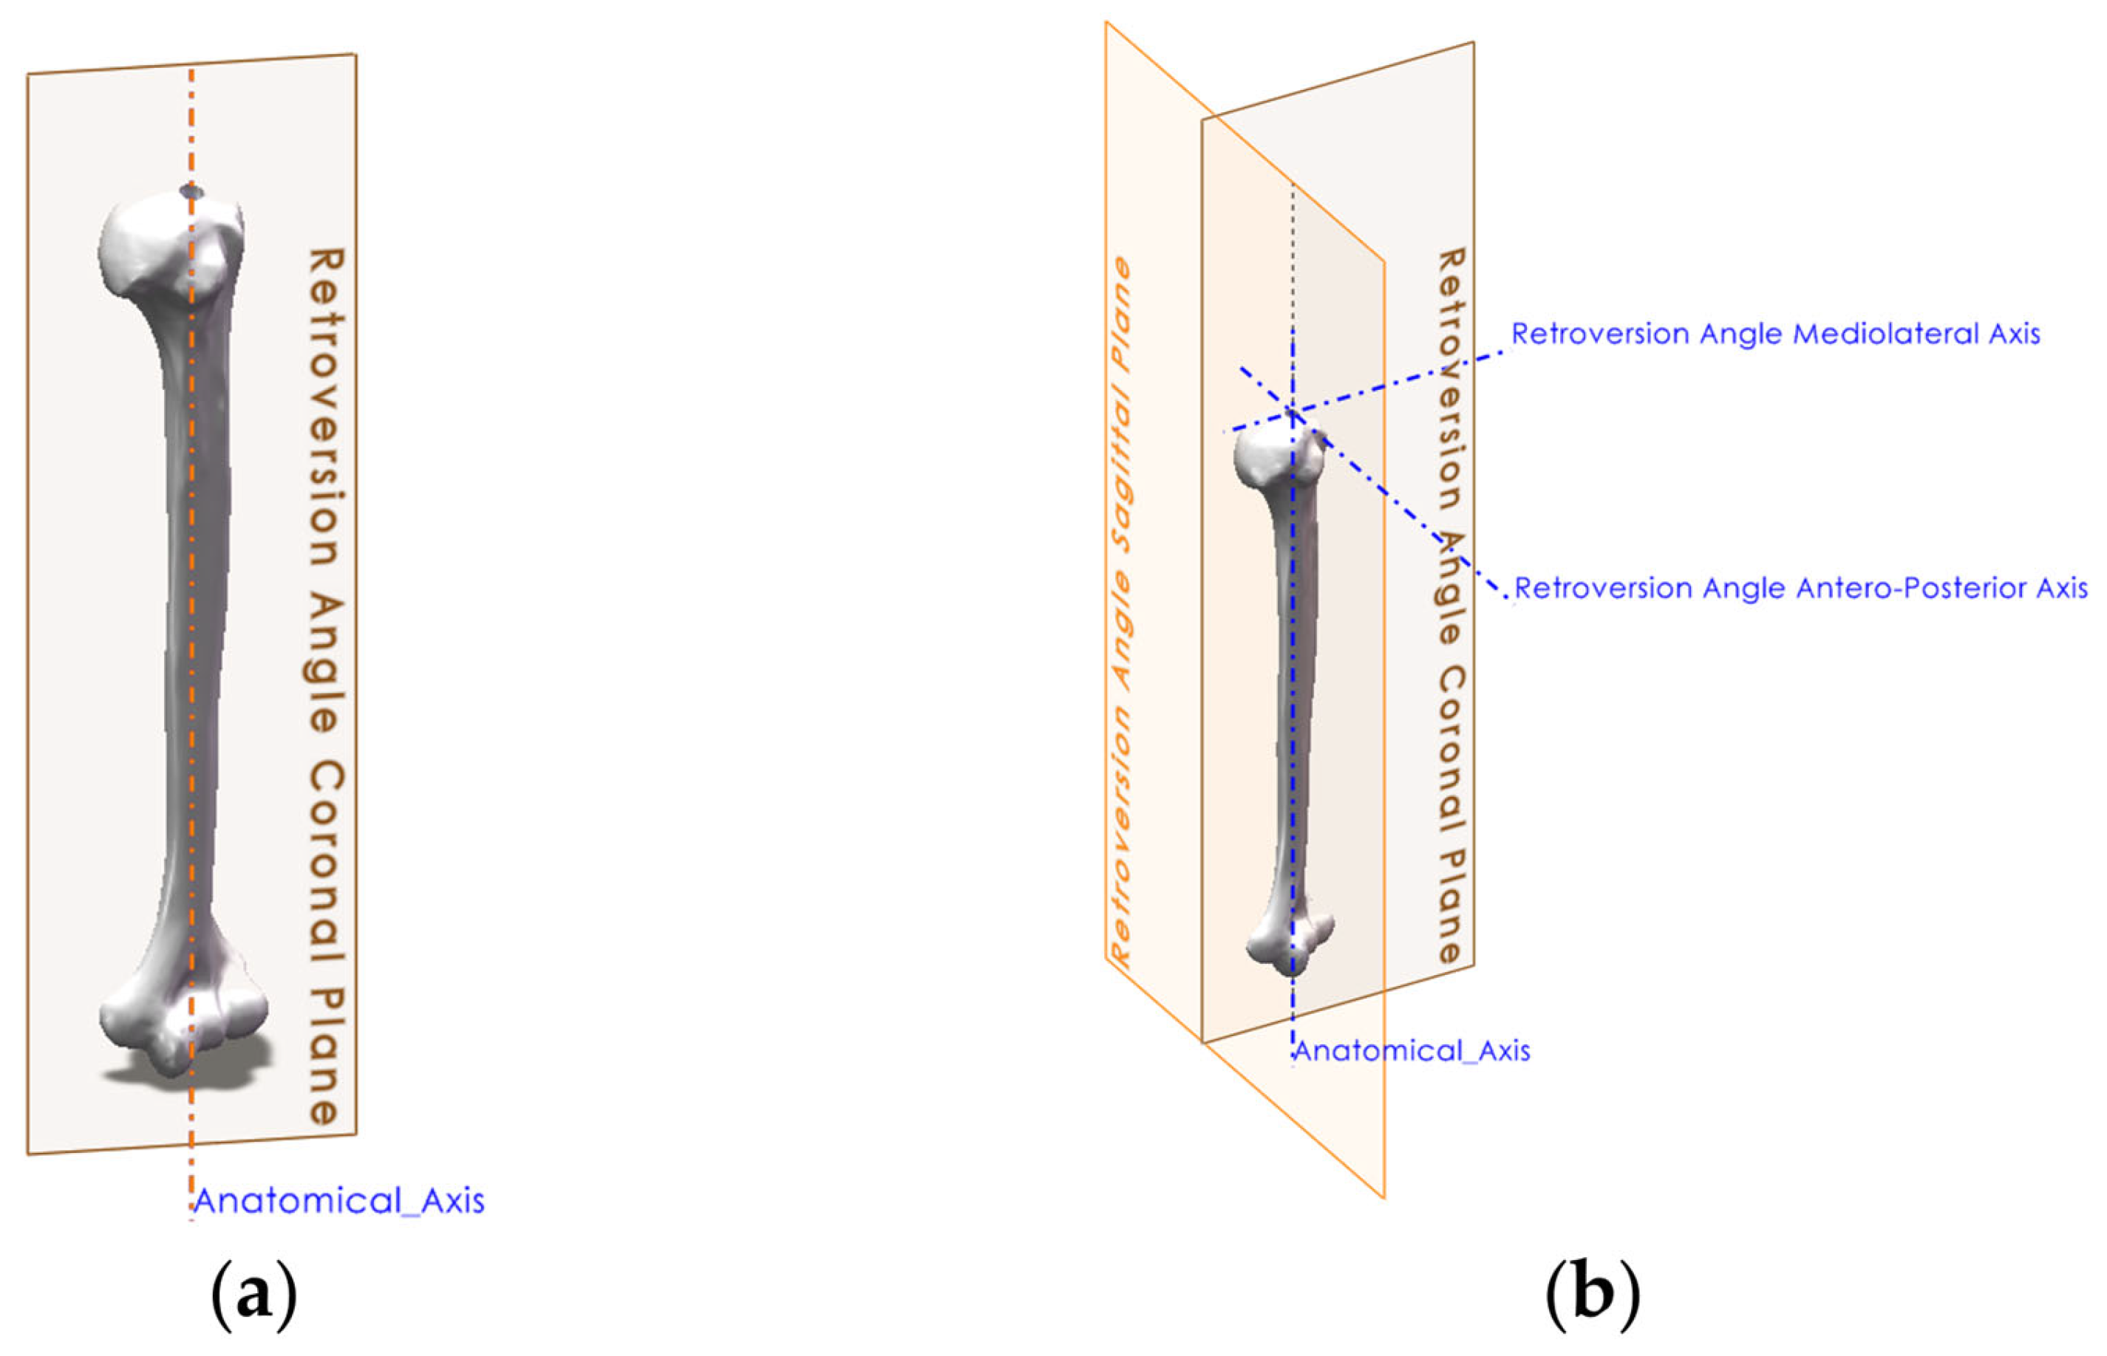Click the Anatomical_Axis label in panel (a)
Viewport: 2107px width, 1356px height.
338,1201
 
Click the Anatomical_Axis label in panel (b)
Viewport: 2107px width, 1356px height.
1411,1050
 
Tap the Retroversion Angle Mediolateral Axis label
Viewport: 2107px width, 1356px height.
1775,334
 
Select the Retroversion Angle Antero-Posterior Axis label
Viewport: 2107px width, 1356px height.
1800,588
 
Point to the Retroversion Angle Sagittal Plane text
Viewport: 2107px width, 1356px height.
1121,612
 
